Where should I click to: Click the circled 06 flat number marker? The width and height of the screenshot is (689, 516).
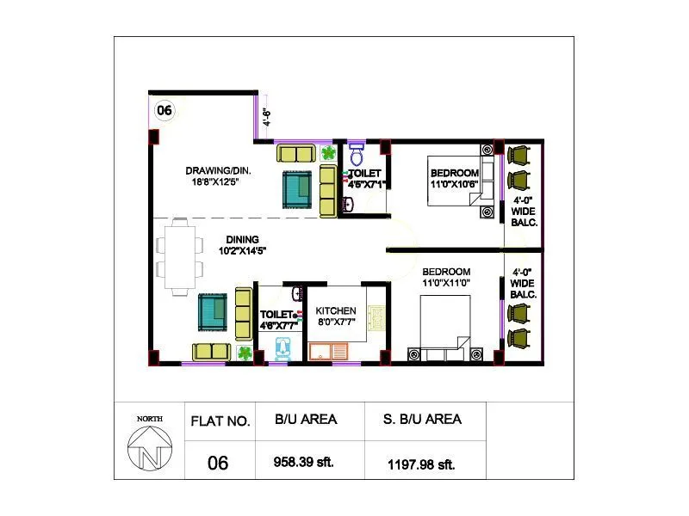pyautogui.click(x=164, y=109)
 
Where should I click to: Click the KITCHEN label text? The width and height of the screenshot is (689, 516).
pyautogui.click(x=336, y=310)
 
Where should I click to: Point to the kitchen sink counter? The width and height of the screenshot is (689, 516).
pyautogui.click(x=327, y=351)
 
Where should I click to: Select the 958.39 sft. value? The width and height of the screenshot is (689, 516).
pyautogui.click(x=304, y=463)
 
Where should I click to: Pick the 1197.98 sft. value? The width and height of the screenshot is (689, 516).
pyautogui.click(x=421, y=464)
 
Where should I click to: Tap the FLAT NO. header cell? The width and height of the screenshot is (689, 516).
pyautogui.click(x=220, y=421)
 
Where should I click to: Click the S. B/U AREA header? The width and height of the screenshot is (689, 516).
pyautogui.click(x=422, y=420)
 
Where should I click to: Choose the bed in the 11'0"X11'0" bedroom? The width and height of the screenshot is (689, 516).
pyautogui.click(x=444, y=322)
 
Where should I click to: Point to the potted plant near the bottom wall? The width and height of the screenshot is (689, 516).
pyautogui.click(x=245, y=353)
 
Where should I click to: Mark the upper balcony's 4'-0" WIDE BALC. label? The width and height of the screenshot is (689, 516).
pyautogui.click(x=524, y=211)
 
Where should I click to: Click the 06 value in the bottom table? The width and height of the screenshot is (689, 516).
pyautogui.click(x=219, y=464)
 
